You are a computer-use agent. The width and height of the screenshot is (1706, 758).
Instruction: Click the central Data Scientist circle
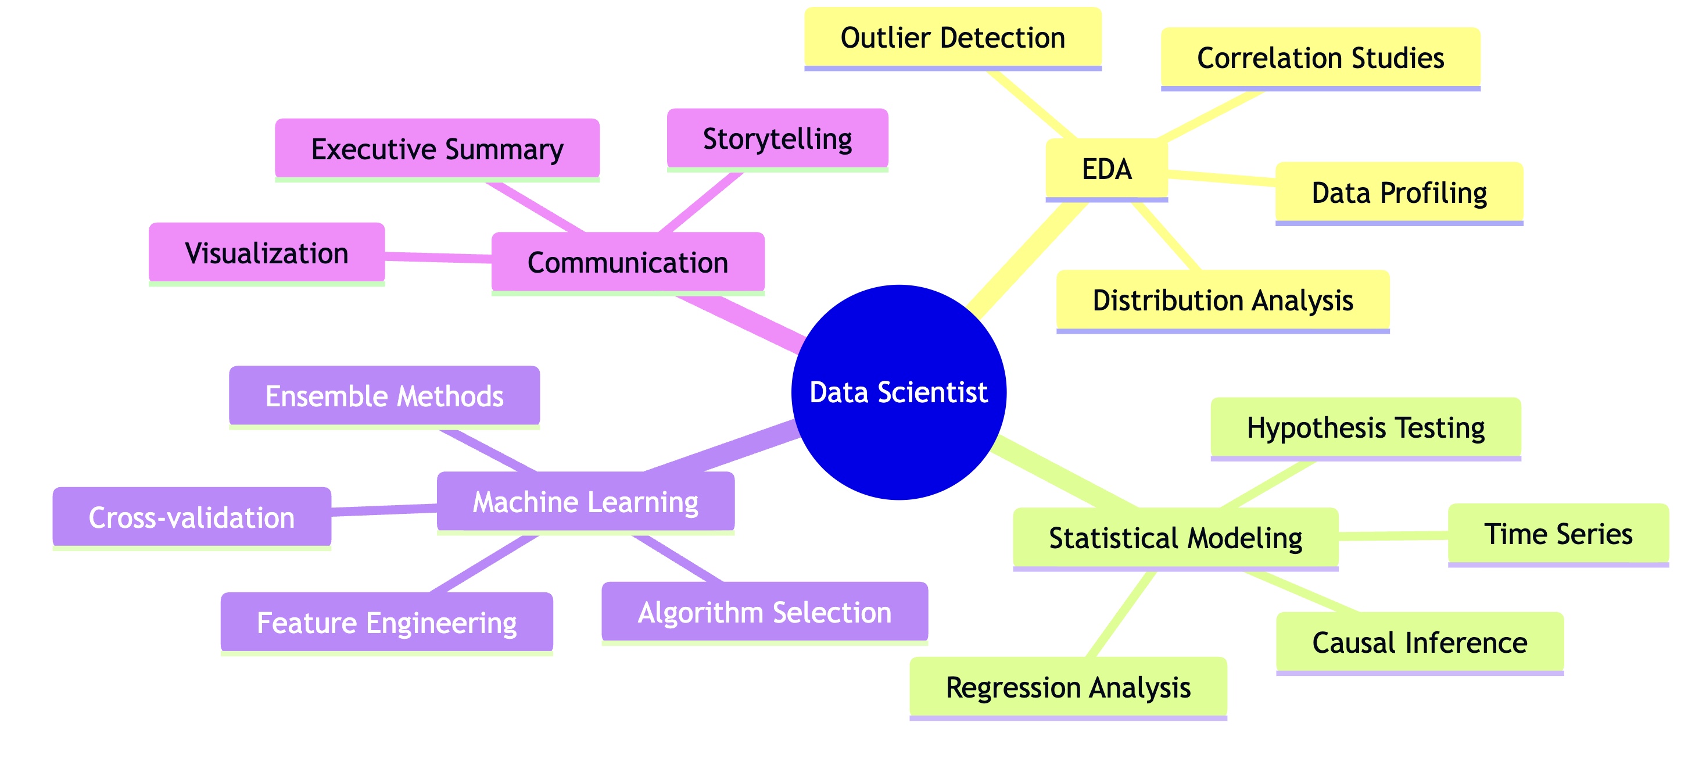click(899, 392)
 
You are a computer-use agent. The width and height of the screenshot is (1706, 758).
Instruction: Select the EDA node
click(1107, 169)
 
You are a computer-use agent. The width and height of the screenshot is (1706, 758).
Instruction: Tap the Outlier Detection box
click(952, 38)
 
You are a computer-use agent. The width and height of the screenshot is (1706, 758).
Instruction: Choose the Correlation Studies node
click(1320, 58)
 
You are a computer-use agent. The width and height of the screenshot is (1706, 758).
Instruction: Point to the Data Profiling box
click(1399, 193)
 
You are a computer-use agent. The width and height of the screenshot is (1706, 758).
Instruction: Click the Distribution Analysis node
click(1223, 300)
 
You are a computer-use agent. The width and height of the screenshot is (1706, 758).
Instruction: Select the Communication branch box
click(628, 262)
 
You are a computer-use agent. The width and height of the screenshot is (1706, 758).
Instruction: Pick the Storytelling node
click(777, 139)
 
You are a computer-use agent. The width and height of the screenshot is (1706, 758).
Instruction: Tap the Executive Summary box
click(437, 149)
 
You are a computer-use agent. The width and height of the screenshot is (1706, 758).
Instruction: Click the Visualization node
click(266, 253)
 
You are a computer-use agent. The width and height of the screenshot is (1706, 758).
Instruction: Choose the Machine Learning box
click(586, 502)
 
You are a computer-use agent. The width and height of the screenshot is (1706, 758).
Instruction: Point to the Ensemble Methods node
click(384, 396)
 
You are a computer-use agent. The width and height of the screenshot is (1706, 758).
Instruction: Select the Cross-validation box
click(191, 517)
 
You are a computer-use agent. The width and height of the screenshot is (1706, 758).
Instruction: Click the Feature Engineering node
click(387, 623)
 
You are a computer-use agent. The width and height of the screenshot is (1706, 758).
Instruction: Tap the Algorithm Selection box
click(764, 612)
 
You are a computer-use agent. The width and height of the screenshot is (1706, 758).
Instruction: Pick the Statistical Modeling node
click(1175, 538)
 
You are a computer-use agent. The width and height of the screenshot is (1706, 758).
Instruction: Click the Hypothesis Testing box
click(1365, 427)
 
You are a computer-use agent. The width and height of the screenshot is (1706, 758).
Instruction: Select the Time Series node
click(1558, 534)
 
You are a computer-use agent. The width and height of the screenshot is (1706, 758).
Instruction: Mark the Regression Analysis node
click(1067, 687)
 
